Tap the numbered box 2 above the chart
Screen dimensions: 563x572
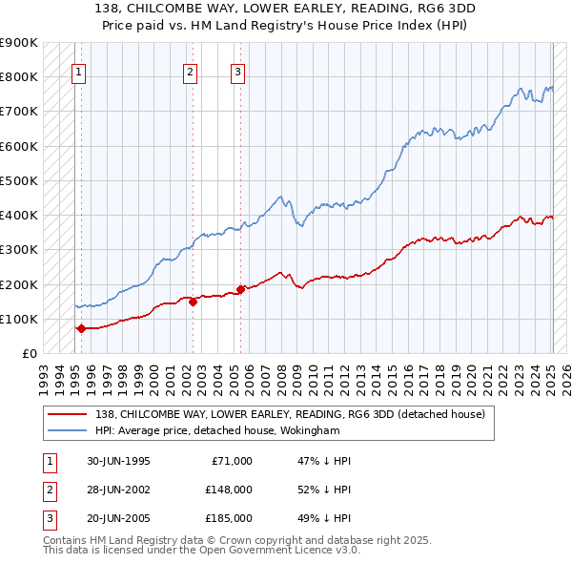[191, 70]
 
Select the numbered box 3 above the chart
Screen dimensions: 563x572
[237, 70]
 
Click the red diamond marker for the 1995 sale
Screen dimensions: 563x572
[81, 328]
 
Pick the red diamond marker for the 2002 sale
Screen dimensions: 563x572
[193, 302]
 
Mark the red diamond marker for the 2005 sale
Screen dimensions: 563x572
[240, 289]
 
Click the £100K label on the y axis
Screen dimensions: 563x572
[19, 319]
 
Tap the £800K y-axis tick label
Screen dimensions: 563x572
[19, 76]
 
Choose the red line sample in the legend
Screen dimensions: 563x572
[68, 414]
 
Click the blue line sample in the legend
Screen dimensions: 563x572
[68, 430]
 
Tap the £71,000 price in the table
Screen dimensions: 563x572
[232, 461]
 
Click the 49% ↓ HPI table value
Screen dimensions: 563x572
[325, 518]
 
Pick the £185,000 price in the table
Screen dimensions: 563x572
[229, 518]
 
